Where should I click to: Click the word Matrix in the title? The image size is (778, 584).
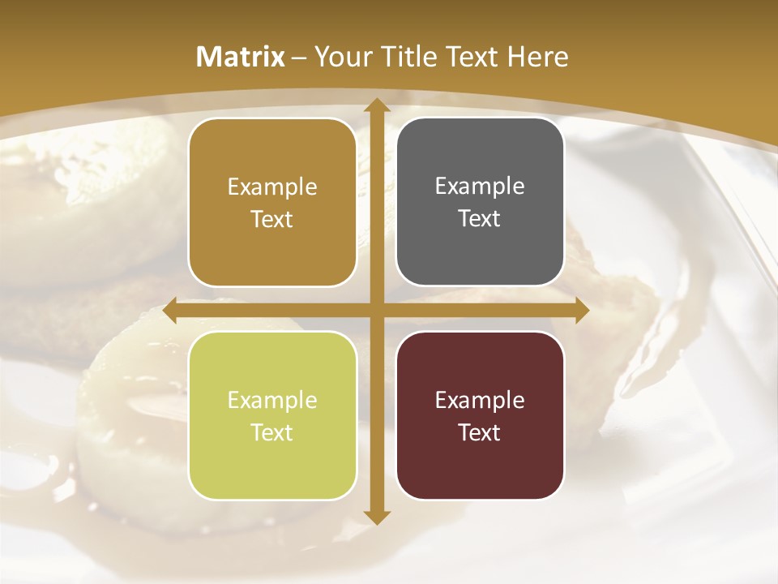241,57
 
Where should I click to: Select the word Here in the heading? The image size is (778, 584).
538,57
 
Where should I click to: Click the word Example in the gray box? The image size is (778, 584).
480,187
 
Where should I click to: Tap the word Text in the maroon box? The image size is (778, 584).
480,432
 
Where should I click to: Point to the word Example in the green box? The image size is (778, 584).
272,400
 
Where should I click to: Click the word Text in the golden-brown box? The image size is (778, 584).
272,219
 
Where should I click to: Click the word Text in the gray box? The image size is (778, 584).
480,219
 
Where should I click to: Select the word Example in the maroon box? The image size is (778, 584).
480,400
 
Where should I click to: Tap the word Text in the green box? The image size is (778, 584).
272,432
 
